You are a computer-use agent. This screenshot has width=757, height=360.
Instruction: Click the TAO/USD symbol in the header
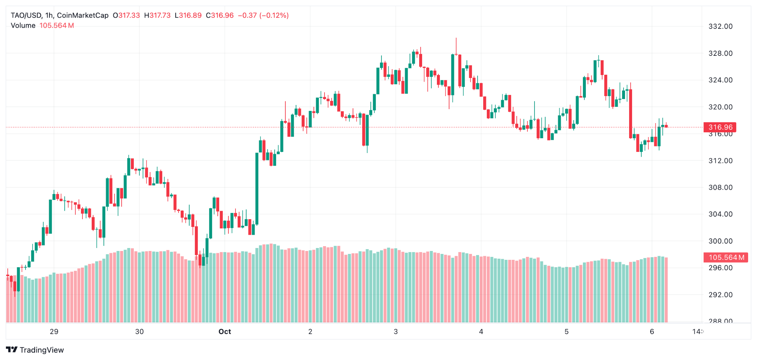click(26, 16)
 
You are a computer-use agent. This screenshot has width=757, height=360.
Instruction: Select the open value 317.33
click(129, 16)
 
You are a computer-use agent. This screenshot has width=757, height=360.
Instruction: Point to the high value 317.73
click(160, 16)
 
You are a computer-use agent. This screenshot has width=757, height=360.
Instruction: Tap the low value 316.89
click(190, 16)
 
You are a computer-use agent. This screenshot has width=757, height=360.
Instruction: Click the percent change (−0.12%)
click(274, 16)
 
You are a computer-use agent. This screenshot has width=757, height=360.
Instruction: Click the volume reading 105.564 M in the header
click(57, 26)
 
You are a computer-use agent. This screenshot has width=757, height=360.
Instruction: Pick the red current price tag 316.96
click(720, 127)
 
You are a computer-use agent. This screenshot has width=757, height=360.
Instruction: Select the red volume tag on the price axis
click(726, 257)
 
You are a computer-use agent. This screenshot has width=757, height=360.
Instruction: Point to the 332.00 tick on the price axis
click(720, 26)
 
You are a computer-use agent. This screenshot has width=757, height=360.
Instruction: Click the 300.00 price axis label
click(720, 241)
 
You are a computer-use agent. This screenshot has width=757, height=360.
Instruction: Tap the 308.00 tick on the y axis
click(720, 187)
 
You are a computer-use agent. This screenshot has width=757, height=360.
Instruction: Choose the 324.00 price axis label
click(720, 80)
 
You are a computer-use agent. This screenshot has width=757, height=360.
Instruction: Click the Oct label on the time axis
click(225, 332)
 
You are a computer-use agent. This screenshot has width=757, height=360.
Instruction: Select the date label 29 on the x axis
click(54, 332)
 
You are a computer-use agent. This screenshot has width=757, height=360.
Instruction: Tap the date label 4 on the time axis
click(481, 332)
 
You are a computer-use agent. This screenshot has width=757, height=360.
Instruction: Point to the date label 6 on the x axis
click(652, 332)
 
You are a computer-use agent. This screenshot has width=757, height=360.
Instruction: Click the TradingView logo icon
click(11, 350)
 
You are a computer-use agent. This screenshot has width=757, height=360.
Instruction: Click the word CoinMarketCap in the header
click(83, 16)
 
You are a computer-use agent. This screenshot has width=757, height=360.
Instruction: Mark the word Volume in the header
click(23, 26)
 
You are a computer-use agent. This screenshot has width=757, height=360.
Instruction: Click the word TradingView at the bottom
click(42, 350)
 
